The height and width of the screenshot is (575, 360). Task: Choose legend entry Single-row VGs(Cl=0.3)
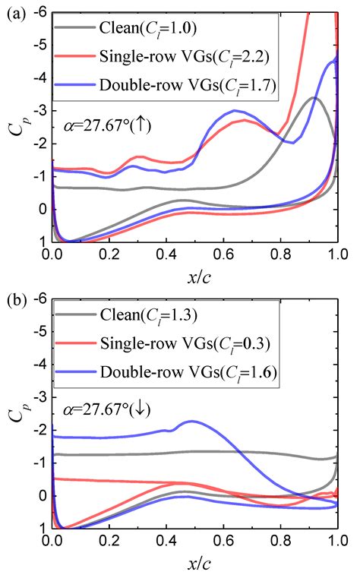click(182, 343)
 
